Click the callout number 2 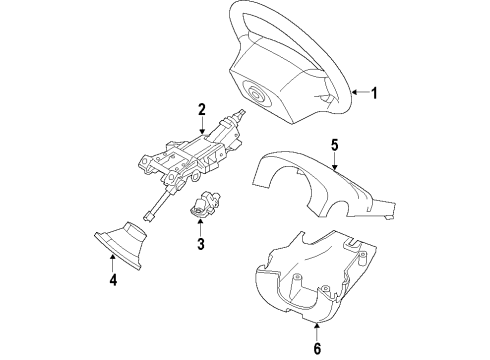[x=201, y=109]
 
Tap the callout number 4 [x=113, y=280]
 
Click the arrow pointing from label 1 [x=358, y=93]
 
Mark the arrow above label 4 [x=113, y=263]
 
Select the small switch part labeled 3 [x=205, y=205]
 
